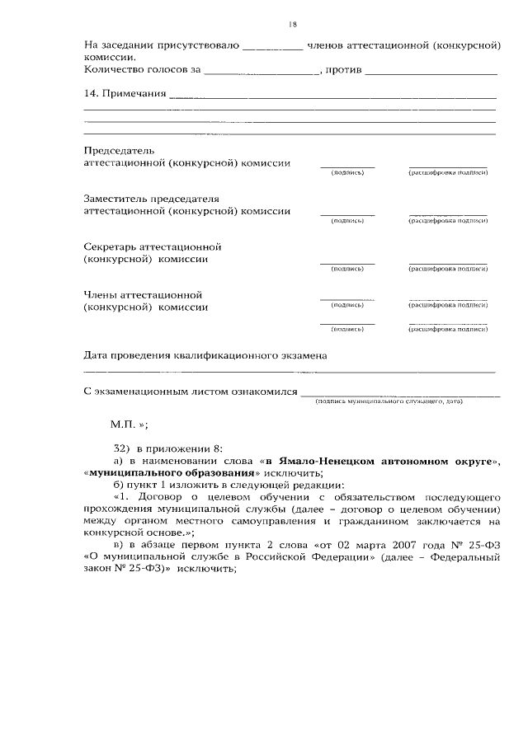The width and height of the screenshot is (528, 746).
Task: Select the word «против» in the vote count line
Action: click(x=342, y=71)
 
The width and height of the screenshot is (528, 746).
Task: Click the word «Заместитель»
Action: click(x=116, y=199)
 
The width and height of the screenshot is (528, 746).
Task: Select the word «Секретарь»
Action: click(x=111, y=246)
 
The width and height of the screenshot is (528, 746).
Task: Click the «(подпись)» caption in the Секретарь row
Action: click(x=346, y=269)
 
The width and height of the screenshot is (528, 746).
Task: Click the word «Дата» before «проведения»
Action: click(x=97, y=356)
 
